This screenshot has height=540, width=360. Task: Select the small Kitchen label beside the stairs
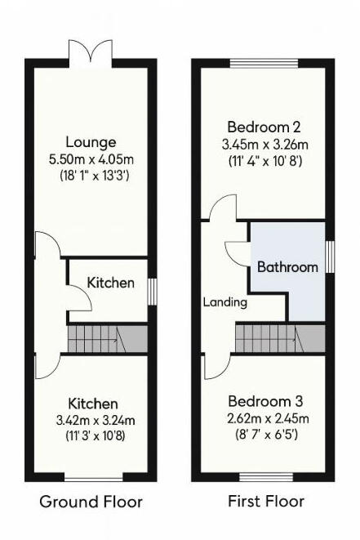111,283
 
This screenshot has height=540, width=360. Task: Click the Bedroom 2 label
264,127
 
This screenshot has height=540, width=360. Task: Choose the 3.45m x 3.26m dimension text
264,144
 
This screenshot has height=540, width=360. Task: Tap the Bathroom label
287,267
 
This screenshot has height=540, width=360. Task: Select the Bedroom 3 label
265,401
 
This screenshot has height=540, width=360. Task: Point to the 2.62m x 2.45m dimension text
265,417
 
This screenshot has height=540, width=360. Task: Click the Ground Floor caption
91,501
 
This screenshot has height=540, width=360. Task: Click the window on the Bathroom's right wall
330,257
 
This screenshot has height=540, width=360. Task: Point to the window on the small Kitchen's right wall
151,292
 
